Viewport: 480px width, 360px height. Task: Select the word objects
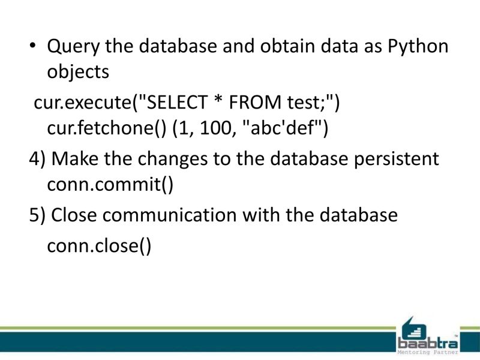78,73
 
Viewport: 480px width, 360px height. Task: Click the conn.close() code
99,247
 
